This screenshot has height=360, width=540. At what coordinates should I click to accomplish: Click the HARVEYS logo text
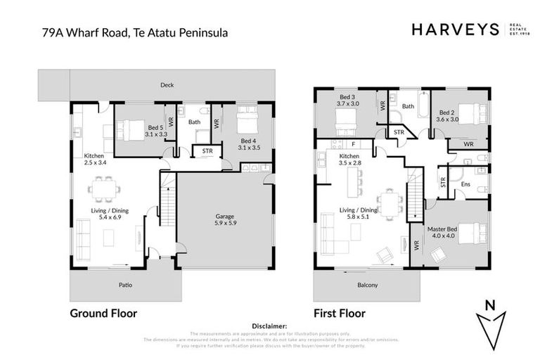tap(454, 29)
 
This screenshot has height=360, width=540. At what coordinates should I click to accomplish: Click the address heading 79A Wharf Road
tap(134, 32)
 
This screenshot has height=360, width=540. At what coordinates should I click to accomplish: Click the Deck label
tap(167, 85)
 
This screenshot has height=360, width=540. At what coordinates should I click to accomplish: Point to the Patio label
tap(125, 285)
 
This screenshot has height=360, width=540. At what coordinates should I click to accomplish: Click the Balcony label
tap(367, 285)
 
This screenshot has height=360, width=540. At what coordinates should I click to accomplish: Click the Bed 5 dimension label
tap(157, 131)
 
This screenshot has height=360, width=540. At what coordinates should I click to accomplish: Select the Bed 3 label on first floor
tap(349, 100)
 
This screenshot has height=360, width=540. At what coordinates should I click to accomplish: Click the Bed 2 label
tap(448, 116)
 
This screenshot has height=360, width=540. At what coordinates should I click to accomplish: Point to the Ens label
tap(465, 184)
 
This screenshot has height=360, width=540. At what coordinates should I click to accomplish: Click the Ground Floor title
tap(103, 314)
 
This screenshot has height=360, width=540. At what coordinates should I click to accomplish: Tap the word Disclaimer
tap(269, 326)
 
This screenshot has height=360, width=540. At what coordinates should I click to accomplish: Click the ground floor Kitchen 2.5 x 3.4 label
tap(94, 160)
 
